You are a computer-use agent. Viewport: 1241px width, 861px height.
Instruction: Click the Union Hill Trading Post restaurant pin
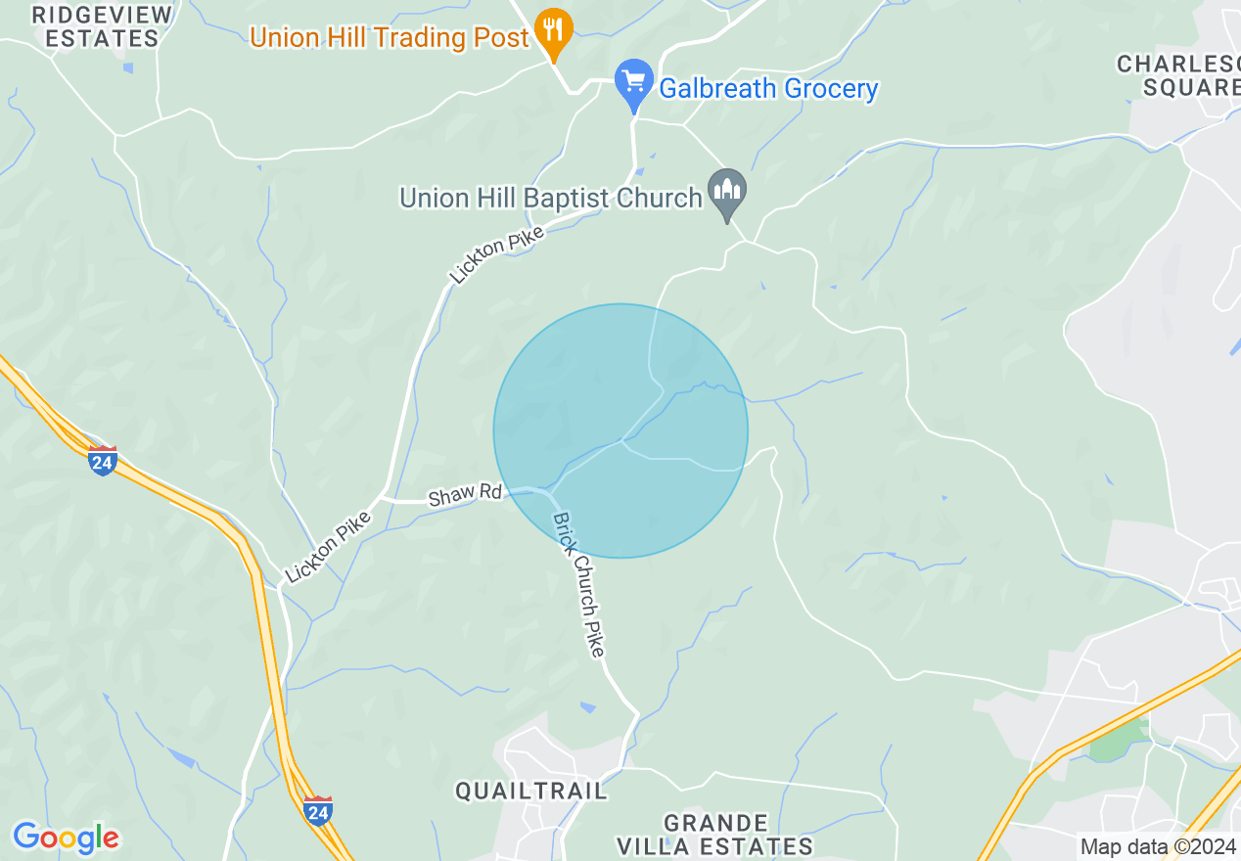pos(554,31)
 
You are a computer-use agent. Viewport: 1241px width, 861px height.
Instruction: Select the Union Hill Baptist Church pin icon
pos(727,192)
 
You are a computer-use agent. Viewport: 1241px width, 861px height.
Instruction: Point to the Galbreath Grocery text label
pos(768,89)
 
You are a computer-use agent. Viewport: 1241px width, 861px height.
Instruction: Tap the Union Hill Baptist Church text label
pos(550,198)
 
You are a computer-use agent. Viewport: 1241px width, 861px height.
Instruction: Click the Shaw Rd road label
pos(464,494)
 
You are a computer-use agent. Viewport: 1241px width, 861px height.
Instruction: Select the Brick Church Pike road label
pos(579,584)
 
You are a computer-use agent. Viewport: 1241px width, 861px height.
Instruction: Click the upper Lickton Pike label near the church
pos(497,253)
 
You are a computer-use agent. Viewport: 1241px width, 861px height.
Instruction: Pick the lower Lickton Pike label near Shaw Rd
pos(327,547)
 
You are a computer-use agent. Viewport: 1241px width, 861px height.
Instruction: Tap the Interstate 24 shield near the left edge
pos(102,460)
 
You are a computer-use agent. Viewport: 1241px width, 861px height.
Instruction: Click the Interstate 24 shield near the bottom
pos(318,810)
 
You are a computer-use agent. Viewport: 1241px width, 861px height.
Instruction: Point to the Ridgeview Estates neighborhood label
pos(102,26)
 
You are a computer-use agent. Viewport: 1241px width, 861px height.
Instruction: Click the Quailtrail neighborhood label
pos(531,791)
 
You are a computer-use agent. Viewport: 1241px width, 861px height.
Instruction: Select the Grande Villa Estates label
pos(714,834)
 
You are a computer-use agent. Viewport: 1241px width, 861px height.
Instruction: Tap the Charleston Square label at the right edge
pos(1180,75)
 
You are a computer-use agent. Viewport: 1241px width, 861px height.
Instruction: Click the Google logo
pos(66,838)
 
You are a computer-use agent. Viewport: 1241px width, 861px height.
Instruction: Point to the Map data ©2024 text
pos(1158,847)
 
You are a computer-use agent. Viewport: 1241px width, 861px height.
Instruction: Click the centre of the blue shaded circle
pos(620,430)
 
